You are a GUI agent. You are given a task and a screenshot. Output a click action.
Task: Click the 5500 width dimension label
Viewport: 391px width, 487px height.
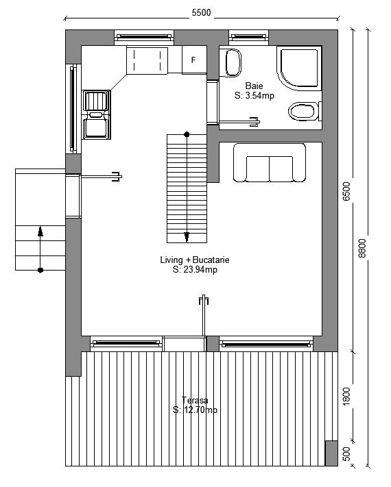click(x=201, y=12)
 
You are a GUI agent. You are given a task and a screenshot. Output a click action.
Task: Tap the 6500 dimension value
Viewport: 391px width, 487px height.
click(x=346, y=191)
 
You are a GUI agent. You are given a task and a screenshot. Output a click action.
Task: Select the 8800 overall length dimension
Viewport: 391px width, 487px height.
click(x=362, y=248)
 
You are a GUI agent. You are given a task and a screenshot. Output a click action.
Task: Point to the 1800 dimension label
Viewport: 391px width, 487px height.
click(x=346, y=396)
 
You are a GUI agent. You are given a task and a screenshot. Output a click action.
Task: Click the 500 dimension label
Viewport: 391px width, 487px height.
click(x=346, y=453)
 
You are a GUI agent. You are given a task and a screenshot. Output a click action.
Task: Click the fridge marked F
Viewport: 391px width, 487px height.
click(x=194, y=60)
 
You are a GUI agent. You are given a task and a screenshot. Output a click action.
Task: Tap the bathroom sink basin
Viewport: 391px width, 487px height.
click(x=233, y=63)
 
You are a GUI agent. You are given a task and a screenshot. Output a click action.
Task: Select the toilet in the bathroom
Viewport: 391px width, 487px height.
click(x=305, y=111)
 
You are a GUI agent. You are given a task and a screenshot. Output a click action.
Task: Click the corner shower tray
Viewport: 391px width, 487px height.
click(x=298, y=68)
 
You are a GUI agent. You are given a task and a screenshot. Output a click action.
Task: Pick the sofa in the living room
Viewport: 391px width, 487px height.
click(x=270, y=162)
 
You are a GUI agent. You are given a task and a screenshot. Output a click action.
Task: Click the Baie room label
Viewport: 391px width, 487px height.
click(x=254, y=86)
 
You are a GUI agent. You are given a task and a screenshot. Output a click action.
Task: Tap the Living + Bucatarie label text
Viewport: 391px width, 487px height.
click(x=195, y=260)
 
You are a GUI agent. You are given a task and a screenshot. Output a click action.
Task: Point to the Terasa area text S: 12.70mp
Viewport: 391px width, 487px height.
click(x=195, y=410)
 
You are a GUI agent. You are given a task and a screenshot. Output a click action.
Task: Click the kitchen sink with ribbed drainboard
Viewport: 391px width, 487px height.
click(x=96, y=114)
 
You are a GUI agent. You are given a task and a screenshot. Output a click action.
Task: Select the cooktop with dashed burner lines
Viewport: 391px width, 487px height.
click(x=147, y=60)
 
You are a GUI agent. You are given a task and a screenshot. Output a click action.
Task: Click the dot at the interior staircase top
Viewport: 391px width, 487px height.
click(x=187, y=134)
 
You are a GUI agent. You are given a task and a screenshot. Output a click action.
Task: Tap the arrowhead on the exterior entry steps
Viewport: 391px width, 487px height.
click(x=40, y=232)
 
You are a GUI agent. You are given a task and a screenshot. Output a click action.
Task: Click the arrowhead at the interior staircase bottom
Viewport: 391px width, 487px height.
click(x=187, y=237)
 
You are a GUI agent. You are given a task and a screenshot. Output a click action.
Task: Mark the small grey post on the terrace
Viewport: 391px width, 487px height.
click(x=331, y=453)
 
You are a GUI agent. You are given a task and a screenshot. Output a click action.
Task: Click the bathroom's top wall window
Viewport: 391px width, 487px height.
click(x=249, y=37)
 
